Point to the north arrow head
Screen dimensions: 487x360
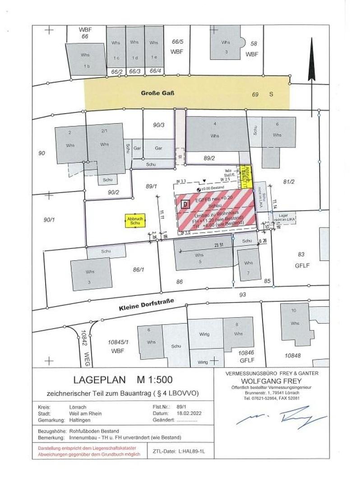[x=311, y=47]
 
